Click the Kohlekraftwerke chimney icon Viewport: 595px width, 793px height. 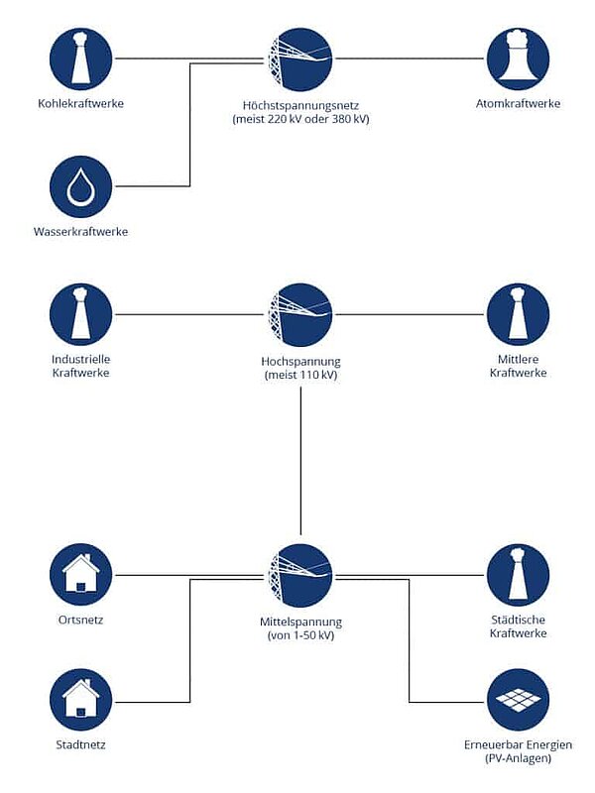point(81,59)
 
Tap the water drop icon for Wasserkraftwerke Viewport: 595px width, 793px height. point(81,187)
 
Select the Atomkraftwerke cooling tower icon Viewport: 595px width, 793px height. point(518,59)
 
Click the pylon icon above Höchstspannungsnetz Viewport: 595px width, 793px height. point(300,59)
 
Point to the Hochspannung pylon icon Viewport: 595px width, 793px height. point(300,314)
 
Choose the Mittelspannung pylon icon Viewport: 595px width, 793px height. point(300,576)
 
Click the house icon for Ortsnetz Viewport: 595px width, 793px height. point(81,575)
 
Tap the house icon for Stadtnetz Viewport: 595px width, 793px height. point(81,700)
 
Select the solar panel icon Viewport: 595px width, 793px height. point(518,700)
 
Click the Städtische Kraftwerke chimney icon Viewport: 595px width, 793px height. point(518,575)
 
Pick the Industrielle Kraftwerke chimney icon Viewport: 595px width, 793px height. point(81,314)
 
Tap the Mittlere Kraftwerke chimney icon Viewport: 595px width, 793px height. point(518,314)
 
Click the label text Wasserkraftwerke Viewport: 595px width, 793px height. point(81,232)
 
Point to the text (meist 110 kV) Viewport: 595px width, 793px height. point(301,375)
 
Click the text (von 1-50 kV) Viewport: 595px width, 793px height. point(301,635)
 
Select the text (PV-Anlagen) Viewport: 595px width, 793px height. point(518,758)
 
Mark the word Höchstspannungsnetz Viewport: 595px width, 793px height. point(301,106)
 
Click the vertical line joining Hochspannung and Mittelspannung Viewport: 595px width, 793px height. point(301,461)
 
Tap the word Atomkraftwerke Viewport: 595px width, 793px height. point(518,103)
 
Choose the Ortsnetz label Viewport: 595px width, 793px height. point(81,620)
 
